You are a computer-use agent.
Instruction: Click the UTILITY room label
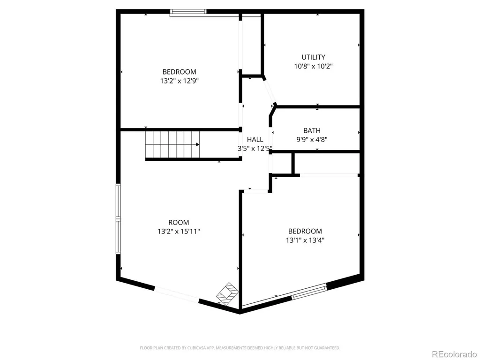click(x=313, y=57)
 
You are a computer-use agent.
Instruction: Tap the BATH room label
click(x=312, y=131)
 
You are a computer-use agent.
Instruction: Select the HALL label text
click(x=255, y=140)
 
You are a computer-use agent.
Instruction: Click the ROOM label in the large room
click(x=179, y=223)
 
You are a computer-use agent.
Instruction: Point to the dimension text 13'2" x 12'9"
click(x=178, y=81)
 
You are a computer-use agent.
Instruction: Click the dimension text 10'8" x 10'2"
click(x=314, y=66)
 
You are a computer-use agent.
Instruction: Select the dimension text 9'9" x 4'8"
click(x=312, y=140)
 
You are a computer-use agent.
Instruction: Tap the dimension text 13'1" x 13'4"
click(x=305, y=240)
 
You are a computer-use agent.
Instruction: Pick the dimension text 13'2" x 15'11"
click(x=179, y=232)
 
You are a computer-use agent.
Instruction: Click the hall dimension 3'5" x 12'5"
click(x=255, y=149)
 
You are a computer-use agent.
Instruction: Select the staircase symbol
click(x=172, y=145)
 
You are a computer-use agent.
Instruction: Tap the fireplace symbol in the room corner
click(x=227, y=294)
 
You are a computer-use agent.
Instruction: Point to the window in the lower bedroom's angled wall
click(x=309, y=292)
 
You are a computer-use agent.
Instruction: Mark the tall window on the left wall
click(x=118, y=219)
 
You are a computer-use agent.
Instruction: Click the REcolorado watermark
click(x=454, y=354)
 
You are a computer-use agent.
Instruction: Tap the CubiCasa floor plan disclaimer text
click(x=240, y=348)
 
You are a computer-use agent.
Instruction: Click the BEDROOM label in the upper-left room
click(x=180, y=72)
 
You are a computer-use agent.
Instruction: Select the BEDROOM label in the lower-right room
click(x=305, y=232)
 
